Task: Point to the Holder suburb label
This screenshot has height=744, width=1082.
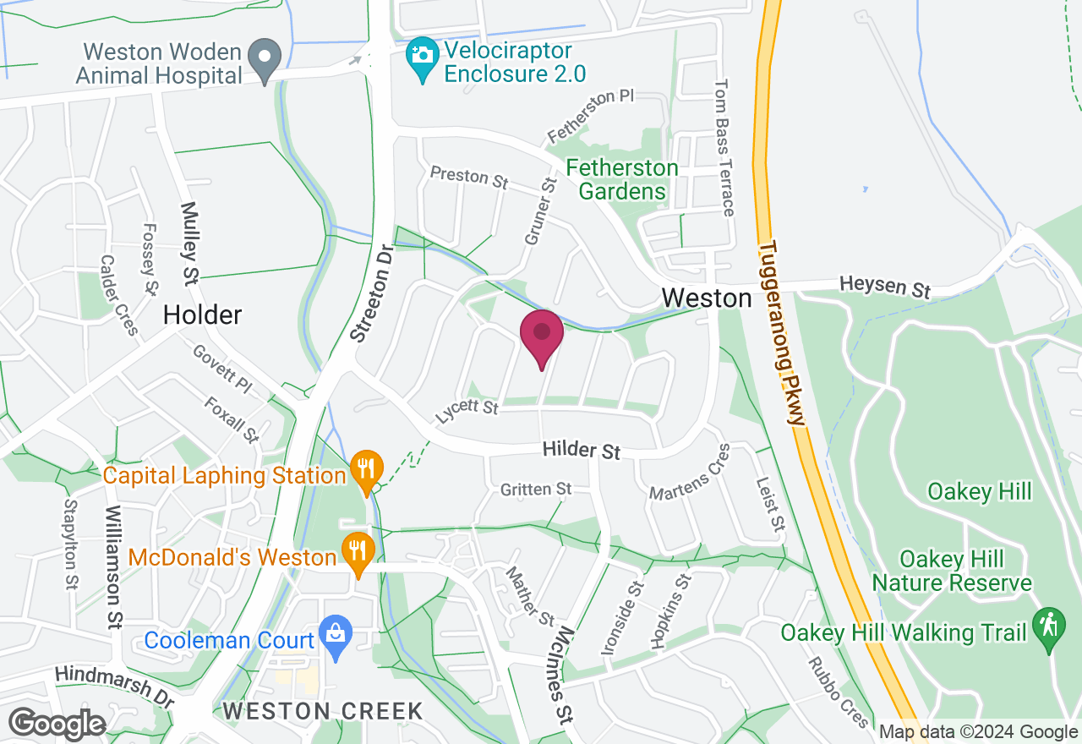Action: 202,315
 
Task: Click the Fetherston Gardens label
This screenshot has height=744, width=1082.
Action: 622,179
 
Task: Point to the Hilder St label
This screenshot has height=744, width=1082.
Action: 582,450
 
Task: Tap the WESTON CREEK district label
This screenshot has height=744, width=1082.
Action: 323,711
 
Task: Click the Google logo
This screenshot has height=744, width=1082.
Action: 57,725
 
